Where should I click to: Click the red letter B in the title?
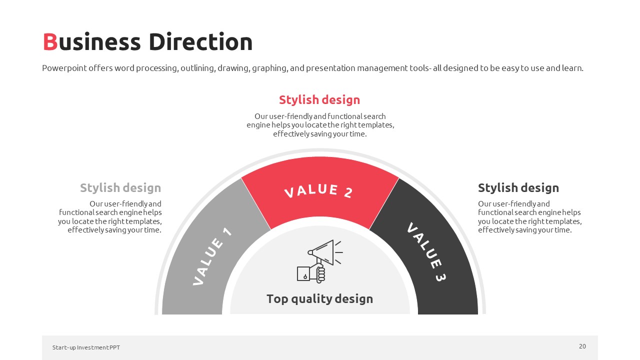click(x=50, y=42)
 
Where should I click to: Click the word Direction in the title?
click(x=200, y=41)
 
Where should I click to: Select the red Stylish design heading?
click(x=319, y=100)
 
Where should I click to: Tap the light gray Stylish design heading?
click(x=120, y=188)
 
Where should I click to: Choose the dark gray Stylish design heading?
click(x=518, y=188)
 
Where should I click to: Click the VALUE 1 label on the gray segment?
click(x=212, y=256)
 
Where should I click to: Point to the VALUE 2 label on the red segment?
click(x=319, y=191)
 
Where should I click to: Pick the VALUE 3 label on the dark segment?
click(x=426, y=251)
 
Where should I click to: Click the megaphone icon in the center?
click(x=320, y=261)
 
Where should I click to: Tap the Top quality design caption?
click(x=319, y=299)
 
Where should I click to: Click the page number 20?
click(x=582, y=346)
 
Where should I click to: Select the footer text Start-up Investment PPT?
click(x=86, y=347)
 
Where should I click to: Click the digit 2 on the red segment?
click(x=348, y=193)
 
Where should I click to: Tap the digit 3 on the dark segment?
click(x=440, y=277)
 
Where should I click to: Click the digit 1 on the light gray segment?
click(x=227, y=231)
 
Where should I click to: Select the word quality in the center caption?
click(x=311, y=299)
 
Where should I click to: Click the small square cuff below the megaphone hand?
click(x=303, y=273)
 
